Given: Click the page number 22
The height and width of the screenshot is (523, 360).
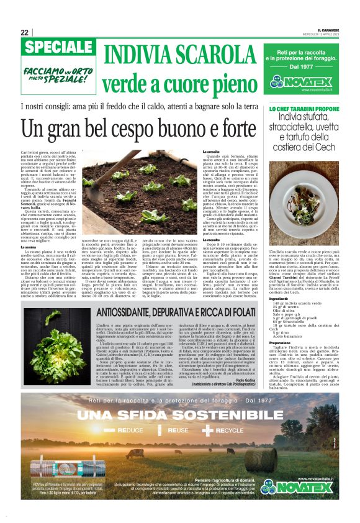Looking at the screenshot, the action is tap(24, 32).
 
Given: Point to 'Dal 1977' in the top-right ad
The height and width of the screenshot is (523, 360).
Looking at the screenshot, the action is tap(305, 66).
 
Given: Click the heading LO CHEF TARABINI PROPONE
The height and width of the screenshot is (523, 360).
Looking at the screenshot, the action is tap(304, 109).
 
